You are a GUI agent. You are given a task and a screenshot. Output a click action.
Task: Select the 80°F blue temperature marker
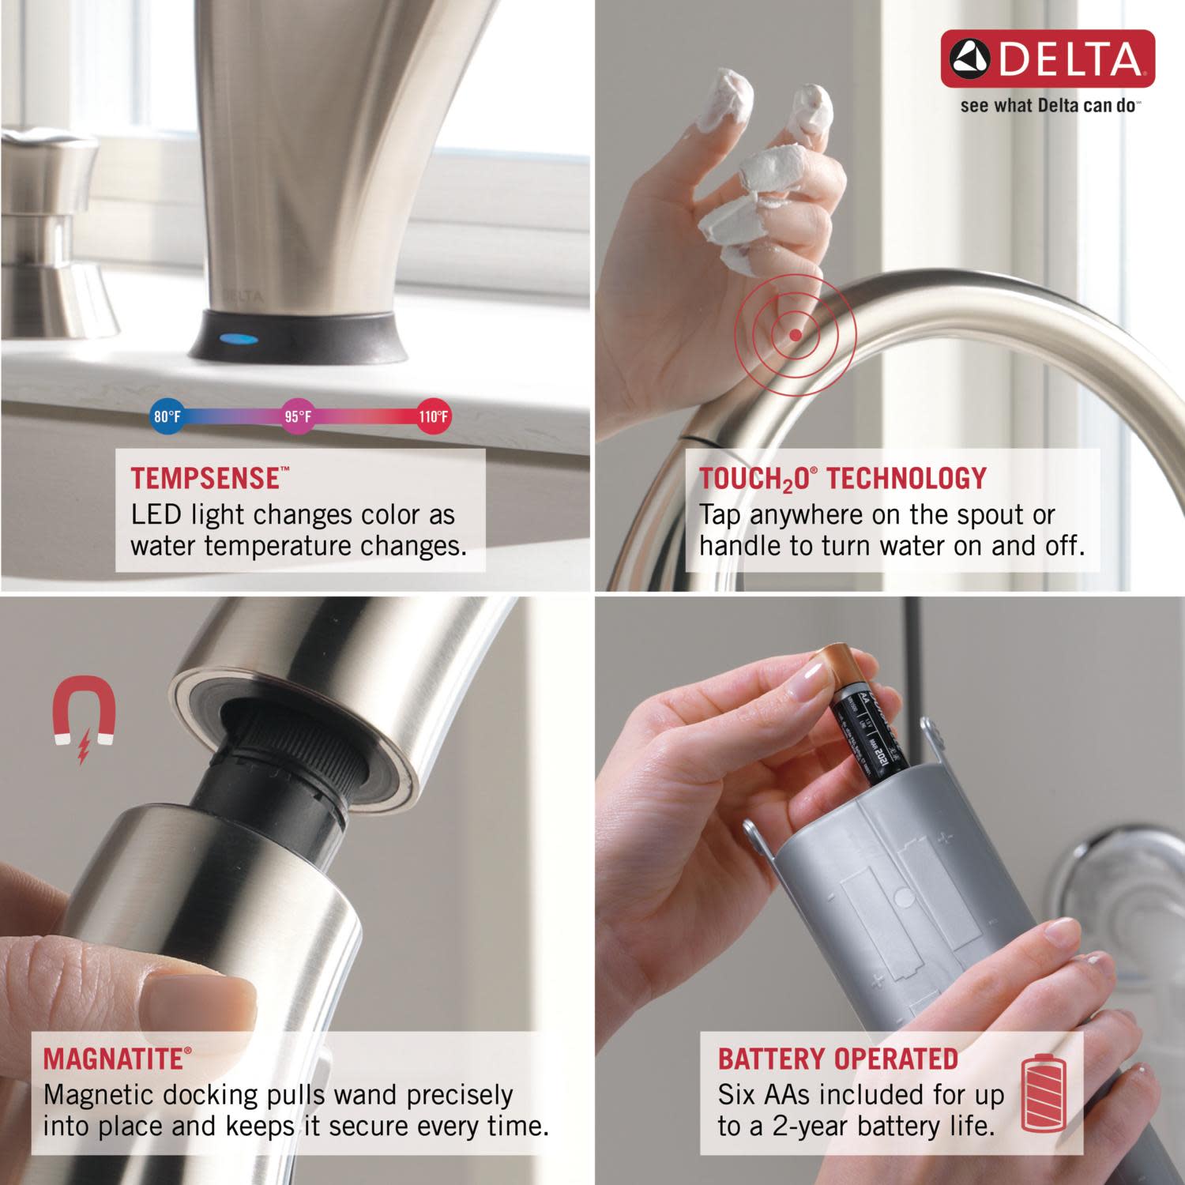click(x=167, y=416)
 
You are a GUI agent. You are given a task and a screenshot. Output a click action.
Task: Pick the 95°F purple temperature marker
click(x=298, y=416)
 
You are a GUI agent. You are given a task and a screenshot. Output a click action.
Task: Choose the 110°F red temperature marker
click(x=433, y=416)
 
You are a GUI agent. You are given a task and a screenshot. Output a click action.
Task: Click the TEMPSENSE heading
click(x=205, y=479)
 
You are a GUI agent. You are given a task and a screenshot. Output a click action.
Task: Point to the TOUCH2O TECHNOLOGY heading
click(x=843, y=479)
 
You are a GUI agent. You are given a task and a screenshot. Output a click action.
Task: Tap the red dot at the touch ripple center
click(x=796, y=335)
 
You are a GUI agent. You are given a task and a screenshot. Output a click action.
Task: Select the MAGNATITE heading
click(x=114, y=1059)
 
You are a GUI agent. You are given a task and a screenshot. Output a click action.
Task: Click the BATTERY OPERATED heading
click(x=837, y=1059)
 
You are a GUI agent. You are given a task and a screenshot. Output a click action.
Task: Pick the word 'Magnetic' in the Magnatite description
click(x=97, y=1095)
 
